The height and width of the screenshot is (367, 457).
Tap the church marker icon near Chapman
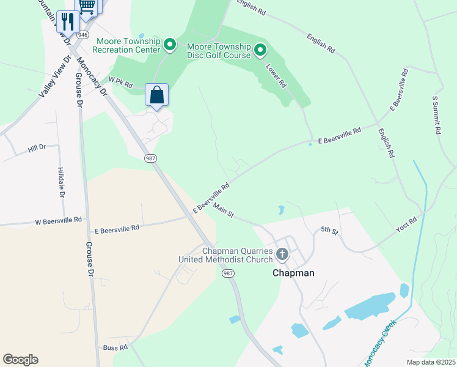click(x=282, y=253)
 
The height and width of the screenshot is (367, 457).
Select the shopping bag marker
click(x=157, y=95)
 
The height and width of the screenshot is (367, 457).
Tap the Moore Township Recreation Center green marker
click(x=170, y=45)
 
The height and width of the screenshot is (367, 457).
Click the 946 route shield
click(x=82, y=35)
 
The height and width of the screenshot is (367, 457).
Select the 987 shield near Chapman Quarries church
click(x=227, y=273)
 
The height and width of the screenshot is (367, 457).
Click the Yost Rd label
click(x=406, y=224)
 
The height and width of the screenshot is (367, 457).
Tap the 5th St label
click(x=329, y=230)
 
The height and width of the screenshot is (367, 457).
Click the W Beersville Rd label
click(x=59, y=220)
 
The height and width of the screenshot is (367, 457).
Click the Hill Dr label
click(x=37, y=149)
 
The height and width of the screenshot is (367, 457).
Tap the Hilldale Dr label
click(x=61, y=183)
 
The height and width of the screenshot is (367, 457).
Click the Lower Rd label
click(x=276, y=75)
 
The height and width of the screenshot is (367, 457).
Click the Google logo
click(x=20, y=360)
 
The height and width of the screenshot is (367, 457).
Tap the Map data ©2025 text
click(x=431, y=362)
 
